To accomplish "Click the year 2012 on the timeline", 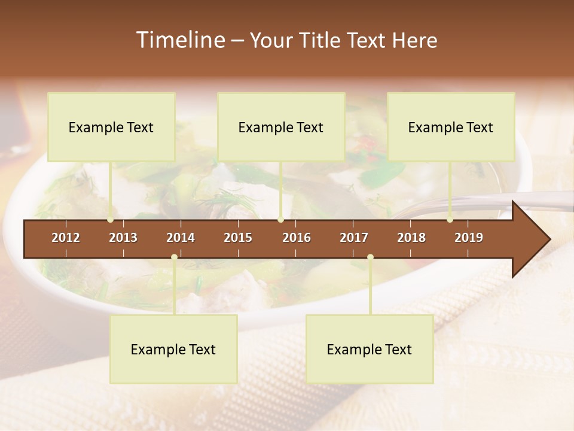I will (x=66, y=238).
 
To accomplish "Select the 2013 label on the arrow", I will (x=123, y=238).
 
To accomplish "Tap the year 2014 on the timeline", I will (x=181, y=238).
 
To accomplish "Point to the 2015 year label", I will (x=238, y=238).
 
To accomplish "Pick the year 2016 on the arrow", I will (x=297, y=238).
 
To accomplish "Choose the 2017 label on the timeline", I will (x=354, y=238).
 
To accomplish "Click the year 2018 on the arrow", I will (x=411, y=238).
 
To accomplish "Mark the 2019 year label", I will (x=469, y=238).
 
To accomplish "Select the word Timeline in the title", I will (x=180, y=40).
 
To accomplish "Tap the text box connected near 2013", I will (x=111, y=127).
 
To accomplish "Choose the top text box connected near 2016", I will (x=281, y=127).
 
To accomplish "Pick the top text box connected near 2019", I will (x=451, y=127).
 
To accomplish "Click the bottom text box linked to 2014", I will (x=173, y=349).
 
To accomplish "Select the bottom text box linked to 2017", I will (x=370, y=349).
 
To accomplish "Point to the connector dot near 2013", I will (x=111, y=220).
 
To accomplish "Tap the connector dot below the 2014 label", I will (x=174, y=257).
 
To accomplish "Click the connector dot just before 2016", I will (x=280, y=220).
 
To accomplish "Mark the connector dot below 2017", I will (x=370, y=257).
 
